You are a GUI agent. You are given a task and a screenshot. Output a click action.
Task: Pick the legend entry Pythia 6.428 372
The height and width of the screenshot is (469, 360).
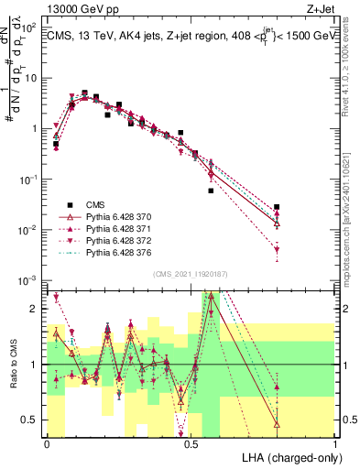(115, 240)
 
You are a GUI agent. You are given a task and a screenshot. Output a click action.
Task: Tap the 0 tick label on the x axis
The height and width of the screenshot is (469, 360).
(47, 443)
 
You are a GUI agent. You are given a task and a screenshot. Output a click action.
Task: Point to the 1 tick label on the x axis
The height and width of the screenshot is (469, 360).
(335, 443)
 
